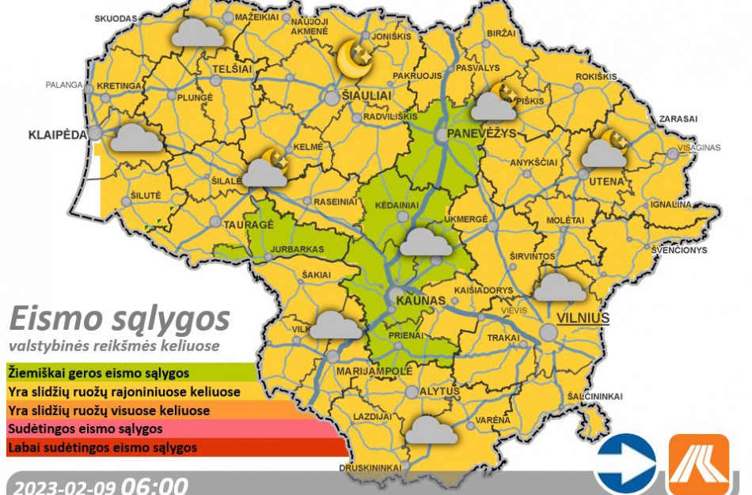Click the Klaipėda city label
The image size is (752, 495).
tap(58, 134)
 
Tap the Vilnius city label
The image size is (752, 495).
tap(583, 318)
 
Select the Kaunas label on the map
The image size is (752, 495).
tap(416, 302)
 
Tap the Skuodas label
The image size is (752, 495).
tap(115, 17)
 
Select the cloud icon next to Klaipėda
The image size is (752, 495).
tap(135, 138)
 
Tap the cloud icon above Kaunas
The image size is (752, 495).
tap(426, 242)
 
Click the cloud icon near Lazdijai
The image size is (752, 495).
tap(431, 429)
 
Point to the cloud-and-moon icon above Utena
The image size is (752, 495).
tap(605, 150)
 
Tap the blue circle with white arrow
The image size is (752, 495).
tap(626, 463)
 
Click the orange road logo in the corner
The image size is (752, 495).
tap(699, 464)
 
